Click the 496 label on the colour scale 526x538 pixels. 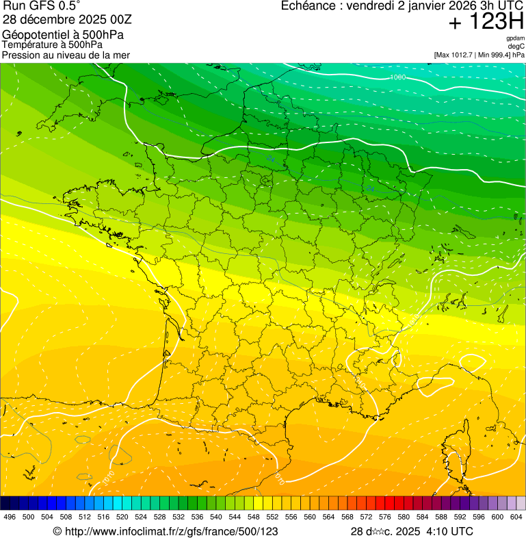coord(10,517)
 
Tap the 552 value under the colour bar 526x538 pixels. coord(272,517)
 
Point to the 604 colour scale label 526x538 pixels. coord(516,517)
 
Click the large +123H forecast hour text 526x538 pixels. coord(486,23)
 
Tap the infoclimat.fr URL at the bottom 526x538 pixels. coord(166,531)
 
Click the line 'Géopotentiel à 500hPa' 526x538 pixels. coord(64,35)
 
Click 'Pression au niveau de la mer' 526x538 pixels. coord(66,55)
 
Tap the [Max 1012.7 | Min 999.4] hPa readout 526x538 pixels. coord(479,55)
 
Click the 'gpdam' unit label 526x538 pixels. coord(515,38)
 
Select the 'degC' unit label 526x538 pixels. coord(516,47)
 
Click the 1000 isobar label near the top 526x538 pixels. coord(397,77)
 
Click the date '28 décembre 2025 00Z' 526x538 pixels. coord(57,20)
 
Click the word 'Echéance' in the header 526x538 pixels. coord(308,6)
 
